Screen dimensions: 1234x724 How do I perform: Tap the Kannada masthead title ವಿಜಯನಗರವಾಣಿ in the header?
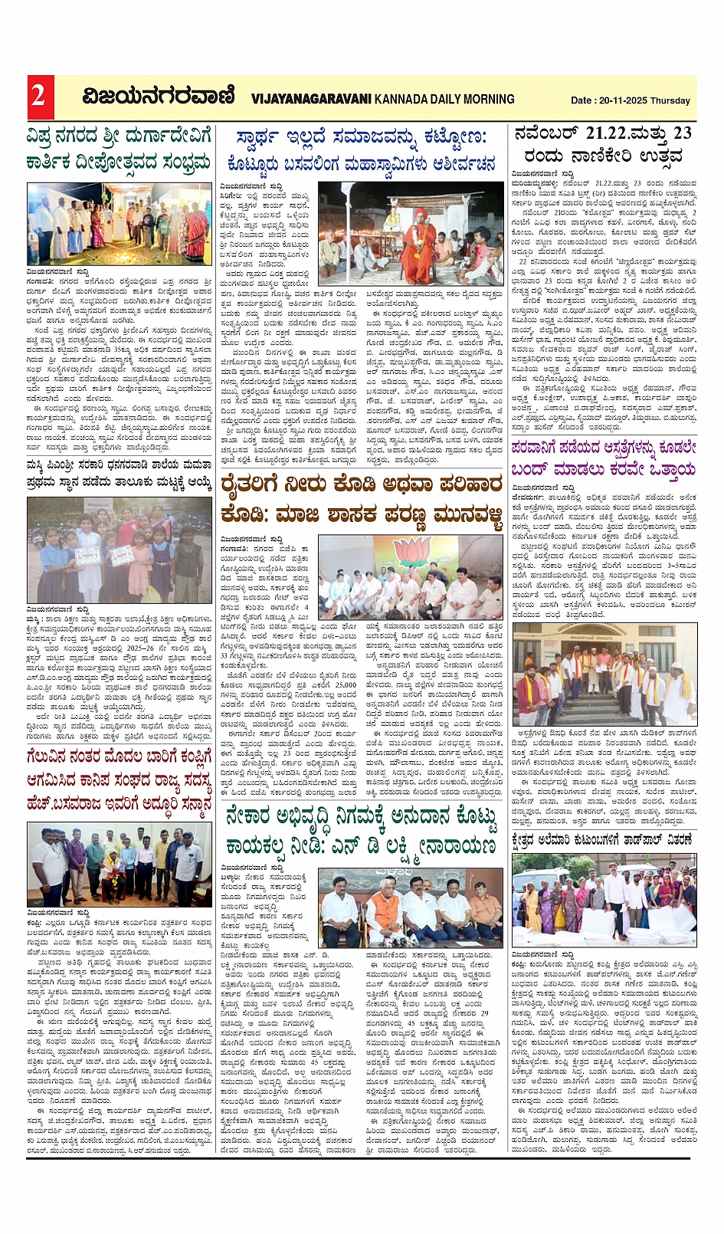tap(159, 97)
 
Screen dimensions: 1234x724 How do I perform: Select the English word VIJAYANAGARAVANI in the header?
tap(311, 99)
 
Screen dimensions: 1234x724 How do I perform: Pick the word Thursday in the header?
tap(670, 100)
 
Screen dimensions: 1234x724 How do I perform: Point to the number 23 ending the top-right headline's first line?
tap(683, 133)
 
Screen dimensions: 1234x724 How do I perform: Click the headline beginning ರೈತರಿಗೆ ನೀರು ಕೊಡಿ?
tap(361, 498)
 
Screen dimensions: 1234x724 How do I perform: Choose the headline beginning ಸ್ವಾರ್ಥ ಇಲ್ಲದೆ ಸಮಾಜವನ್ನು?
tap(361, 150)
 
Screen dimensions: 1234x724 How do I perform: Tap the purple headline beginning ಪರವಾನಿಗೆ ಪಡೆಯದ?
tap(604, 458)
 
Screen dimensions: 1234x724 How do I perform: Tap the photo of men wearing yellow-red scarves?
tap(604, 674)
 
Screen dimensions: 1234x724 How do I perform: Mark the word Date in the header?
tap(581, 100)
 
